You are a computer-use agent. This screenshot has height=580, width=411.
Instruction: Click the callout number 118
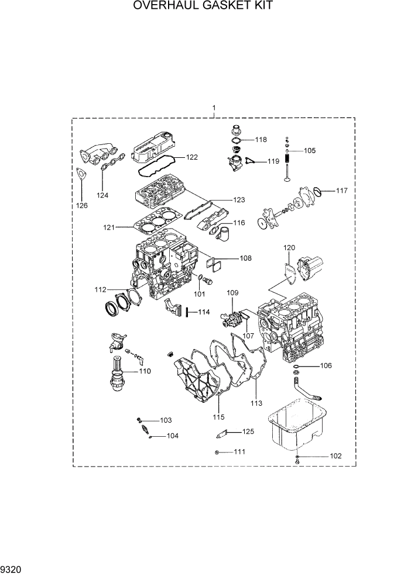click(x=261, y=140)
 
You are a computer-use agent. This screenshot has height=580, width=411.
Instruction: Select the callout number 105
click(x=309, y=150)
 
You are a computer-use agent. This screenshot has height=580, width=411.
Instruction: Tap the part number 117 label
click(x=341, y=191)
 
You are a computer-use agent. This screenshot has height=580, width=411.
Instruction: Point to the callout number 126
click(x=81, y=205)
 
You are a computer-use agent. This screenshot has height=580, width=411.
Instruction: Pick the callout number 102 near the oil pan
click(x=335, y=455)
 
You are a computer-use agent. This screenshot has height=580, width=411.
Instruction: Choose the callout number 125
click(x=248, y=431)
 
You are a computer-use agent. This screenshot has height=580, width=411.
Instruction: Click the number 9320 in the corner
click(x=12, y=568)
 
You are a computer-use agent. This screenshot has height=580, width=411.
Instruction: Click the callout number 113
click(x=256, y=403)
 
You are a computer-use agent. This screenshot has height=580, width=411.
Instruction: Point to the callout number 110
click(x=144, y=371)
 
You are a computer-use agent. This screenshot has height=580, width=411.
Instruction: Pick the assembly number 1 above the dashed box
click(x=214, y=108)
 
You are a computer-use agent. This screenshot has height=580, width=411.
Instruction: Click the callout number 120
click(x=290, y=248)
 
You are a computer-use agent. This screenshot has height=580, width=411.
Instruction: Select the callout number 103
click(x=166, y=420)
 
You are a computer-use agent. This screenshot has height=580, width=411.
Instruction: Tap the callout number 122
click(x=192, y=157)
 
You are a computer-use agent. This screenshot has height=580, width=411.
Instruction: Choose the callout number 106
click(x=325, y=366)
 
